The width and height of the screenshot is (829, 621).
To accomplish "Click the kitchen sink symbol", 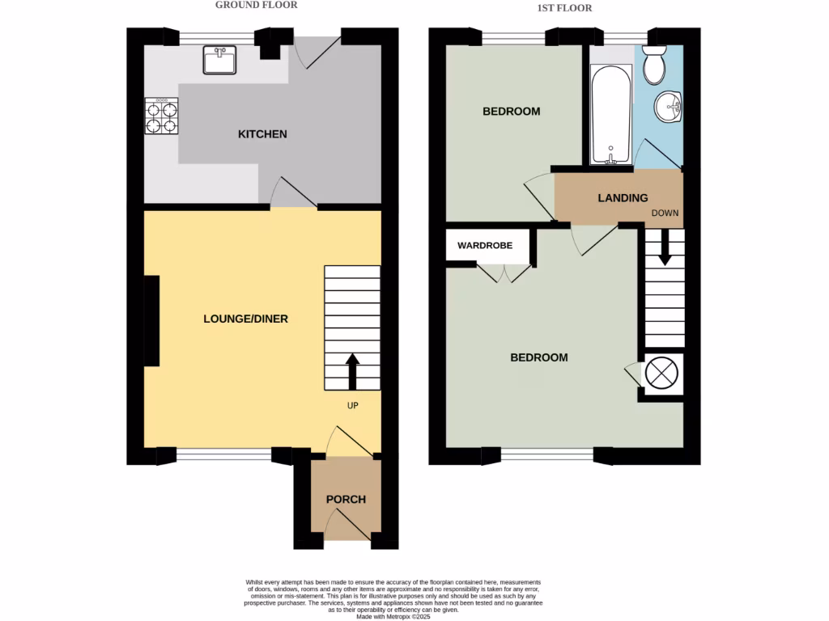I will [219, 60].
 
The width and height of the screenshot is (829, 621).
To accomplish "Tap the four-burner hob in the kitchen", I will [161, 116].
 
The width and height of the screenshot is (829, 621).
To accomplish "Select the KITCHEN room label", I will [262, 133].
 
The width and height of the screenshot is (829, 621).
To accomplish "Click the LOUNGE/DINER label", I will [245, 319].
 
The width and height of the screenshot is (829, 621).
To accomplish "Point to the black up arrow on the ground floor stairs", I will [353, 370].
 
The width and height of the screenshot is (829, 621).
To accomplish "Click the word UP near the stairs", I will [353, 405].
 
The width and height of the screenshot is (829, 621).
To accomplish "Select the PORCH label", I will [346, 499].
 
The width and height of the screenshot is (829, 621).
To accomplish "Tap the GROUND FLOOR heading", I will [256, 5].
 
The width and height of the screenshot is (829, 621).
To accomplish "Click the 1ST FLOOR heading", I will [564, 8].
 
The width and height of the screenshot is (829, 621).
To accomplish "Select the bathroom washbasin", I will [669, 106].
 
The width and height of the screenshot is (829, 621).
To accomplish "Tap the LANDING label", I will [623, 198].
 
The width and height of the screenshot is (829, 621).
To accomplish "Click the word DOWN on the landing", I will [665, 213].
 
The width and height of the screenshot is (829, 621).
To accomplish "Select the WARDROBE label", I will [485, 245].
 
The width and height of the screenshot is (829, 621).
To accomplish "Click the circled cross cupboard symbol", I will [662, 374].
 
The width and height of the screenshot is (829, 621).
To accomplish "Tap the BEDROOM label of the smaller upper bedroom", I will [511, 112].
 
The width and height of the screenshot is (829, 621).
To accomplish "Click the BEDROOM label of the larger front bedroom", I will [538, 357].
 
